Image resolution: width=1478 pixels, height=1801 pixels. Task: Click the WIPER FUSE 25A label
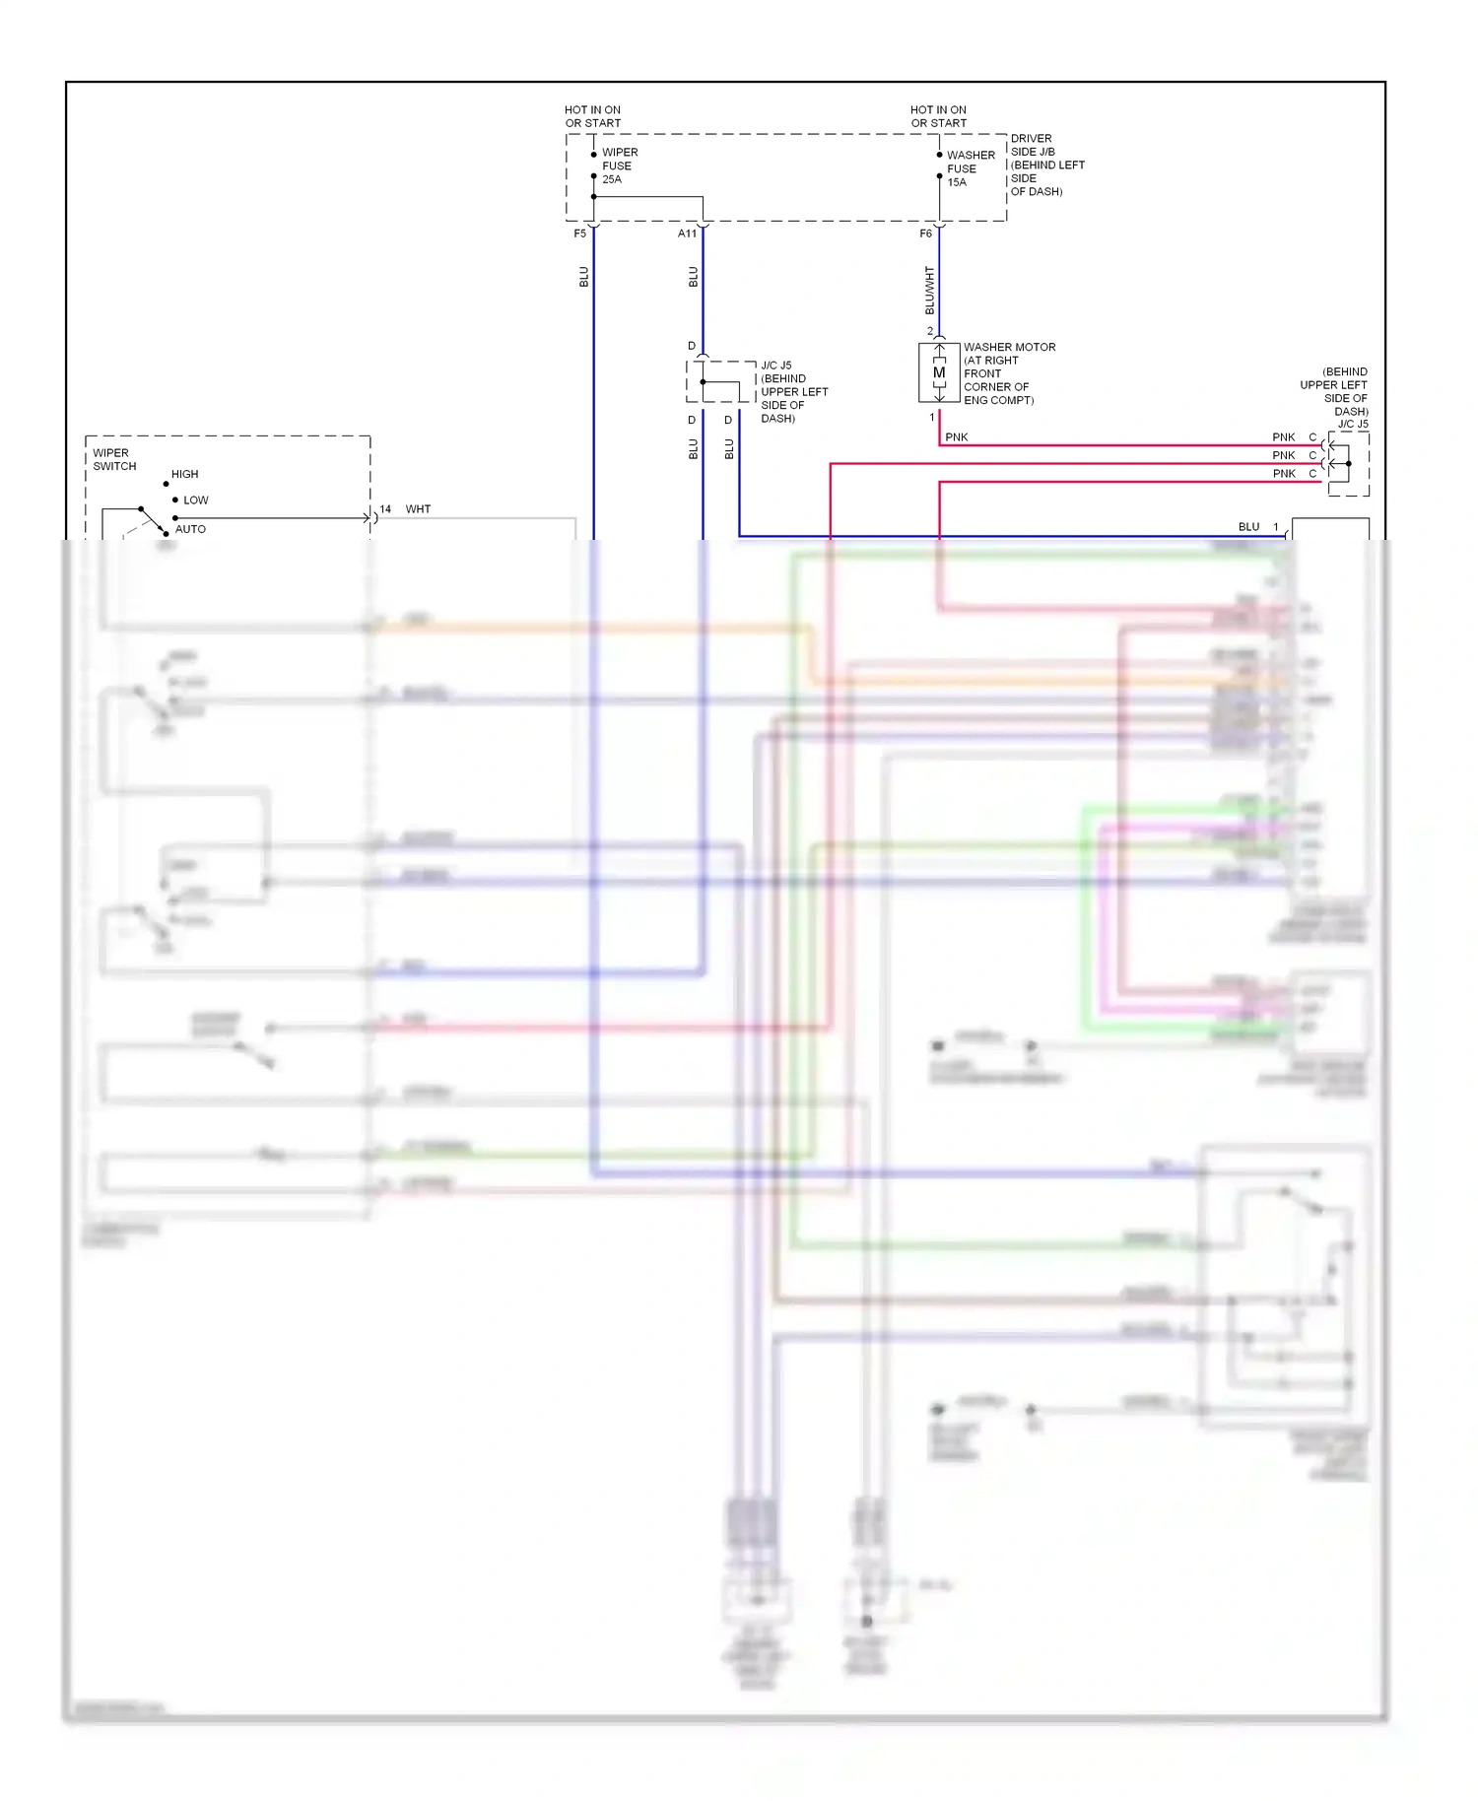coord(619,166)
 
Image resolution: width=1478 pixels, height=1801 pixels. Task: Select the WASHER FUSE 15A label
coord(970,168)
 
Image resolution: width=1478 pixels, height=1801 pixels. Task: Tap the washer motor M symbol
coord(939,372)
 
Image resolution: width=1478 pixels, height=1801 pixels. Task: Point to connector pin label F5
coord(580,233)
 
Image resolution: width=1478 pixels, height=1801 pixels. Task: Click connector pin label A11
coord(687,233)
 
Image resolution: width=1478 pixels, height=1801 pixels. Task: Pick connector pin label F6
coord(925,233)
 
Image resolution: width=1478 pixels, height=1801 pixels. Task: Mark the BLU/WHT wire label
coord(929,290)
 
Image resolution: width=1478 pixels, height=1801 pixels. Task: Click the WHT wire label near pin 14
coord(418,509)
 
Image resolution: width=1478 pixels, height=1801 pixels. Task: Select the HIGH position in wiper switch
coord(184,474)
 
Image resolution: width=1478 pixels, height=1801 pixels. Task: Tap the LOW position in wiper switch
coord(195,500)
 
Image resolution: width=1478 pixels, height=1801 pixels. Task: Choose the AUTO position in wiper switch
coord(190,529)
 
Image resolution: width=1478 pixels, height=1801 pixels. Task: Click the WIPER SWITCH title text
coord(114,460)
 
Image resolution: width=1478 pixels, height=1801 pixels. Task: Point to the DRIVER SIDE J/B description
coord(1046,165)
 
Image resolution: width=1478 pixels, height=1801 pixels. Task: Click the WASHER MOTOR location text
coord(1008,373)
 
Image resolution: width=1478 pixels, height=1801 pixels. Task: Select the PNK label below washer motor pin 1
coord(956,437)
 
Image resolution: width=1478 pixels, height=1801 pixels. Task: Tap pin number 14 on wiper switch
coord(385,509)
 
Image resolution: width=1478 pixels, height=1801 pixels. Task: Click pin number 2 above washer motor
coord(929,331)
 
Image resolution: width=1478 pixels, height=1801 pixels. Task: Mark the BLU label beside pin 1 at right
coord(1248,527)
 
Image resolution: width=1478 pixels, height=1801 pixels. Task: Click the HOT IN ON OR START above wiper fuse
coord(592,116)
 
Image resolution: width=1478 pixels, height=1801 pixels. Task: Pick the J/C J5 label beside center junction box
coord(775,366)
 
